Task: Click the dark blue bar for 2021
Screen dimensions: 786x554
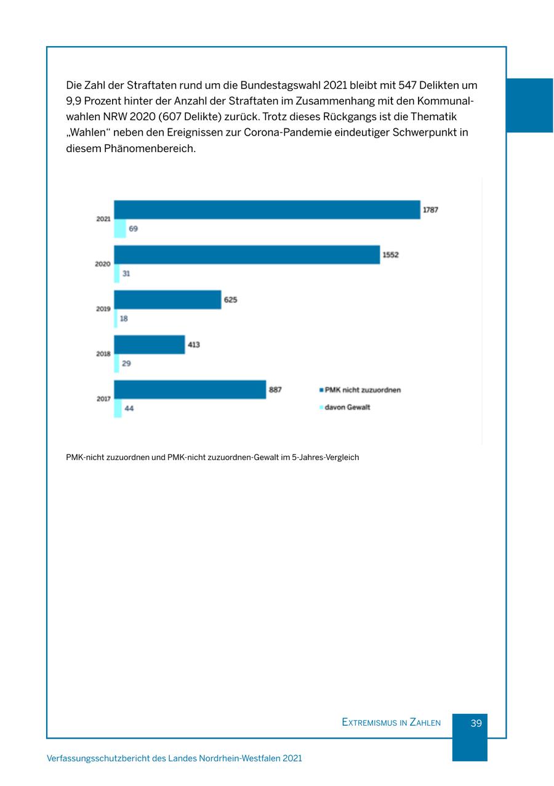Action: click(267, 209)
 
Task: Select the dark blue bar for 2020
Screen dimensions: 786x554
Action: click(247, 254)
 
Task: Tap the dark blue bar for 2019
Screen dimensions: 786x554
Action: click(167, 299)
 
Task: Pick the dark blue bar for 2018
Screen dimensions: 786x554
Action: click(150, 344)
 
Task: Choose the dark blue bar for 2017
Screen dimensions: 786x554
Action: click(190, 389)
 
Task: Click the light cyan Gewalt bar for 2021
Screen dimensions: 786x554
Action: click(120, 229)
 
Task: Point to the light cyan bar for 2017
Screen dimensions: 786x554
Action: click(118, 408)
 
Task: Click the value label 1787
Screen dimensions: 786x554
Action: click(430, 209)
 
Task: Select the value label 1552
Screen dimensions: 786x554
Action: click(390, 254)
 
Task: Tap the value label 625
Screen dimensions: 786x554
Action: click(230, 299)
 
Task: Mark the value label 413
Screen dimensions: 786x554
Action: click(193, 344)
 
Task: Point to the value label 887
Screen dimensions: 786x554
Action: click(275, 389)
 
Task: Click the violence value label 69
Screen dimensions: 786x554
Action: click(134, 229)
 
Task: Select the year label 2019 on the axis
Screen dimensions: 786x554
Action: click(103, 309)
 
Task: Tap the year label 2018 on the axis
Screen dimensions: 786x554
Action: click(103, 354)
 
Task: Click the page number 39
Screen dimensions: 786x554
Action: click(476, 723)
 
